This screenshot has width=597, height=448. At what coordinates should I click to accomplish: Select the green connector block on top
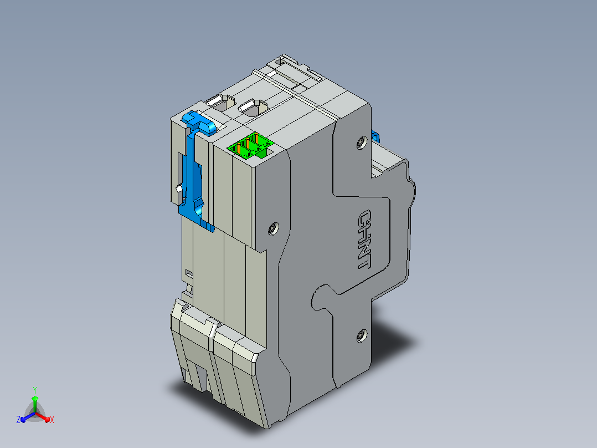251,145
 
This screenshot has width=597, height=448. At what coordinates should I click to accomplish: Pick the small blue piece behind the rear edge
375,136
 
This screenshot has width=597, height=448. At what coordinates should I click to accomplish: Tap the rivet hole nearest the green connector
361,142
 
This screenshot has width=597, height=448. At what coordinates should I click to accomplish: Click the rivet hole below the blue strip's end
273,228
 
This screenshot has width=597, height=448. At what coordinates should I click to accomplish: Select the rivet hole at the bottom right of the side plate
361,335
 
